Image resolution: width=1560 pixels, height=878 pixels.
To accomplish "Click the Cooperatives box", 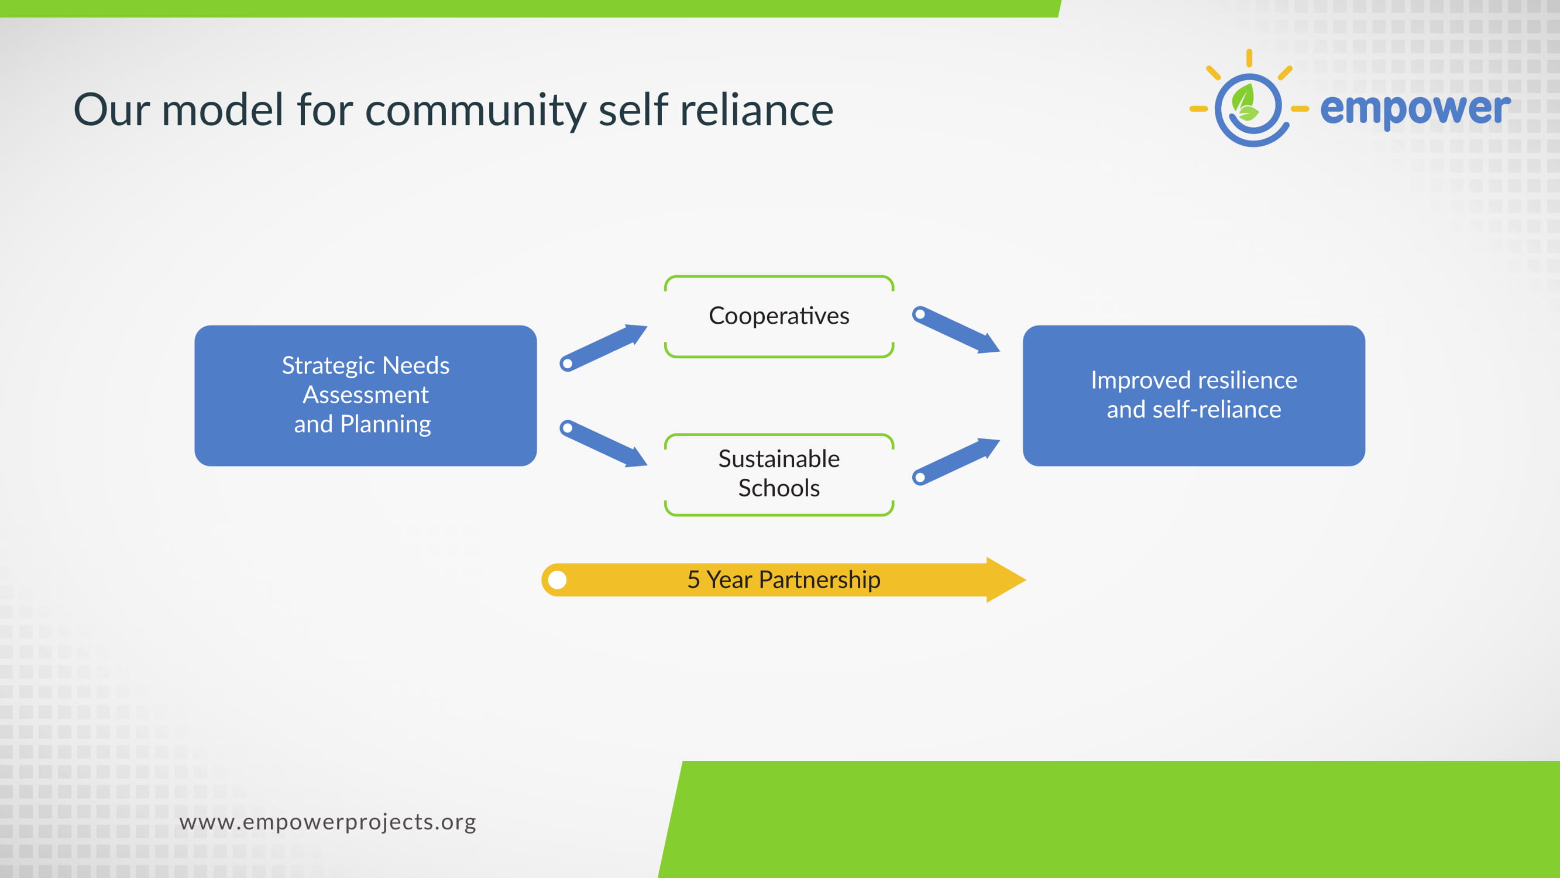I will (779, 316).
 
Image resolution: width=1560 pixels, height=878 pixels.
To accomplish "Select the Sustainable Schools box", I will (779, 475).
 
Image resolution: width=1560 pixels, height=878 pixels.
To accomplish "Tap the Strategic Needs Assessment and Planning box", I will (365, 395).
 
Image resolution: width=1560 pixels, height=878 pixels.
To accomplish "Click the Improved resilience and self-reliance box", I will (1194, 395).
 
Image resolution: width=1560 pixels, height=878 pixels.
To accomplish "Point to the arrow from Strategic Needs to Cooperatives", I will (603, 347).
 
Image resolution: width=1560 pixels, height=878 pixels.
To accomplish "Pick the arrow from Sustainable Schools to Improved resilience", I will (956, 461).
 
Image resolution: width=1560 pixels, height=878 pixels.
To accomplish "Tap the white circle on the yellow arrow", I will (557, 580).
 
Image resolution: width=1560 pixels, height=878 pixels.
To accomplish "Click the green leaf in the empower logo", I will (1245, 102).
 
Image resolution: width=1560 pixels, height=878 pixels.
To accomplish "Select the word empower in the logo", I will (1415, 109).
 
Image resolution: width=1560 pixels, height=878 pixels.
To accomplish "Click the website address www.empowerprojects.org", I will (328, 822).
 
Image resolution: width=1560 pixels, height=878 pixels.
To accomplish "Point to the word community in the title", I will (475, 110).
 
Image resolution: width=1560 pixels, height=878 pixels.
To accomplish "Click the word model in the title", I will (222, 110).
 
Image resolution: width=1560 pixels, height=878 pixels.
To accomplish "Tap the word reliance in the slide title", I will (757, 110).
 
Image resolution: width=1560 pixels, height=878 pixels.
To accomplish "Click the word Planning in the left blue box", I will (385, 424).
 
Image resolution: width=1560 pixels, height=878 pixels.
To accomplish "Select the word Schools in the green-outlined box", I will (779, 488).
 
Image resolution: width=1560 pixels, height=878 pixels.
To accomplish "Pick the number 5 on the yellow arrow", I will (693, 580).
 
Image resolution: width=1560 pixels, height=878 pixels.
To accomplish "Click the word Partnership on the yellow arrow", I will (819, 580).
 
